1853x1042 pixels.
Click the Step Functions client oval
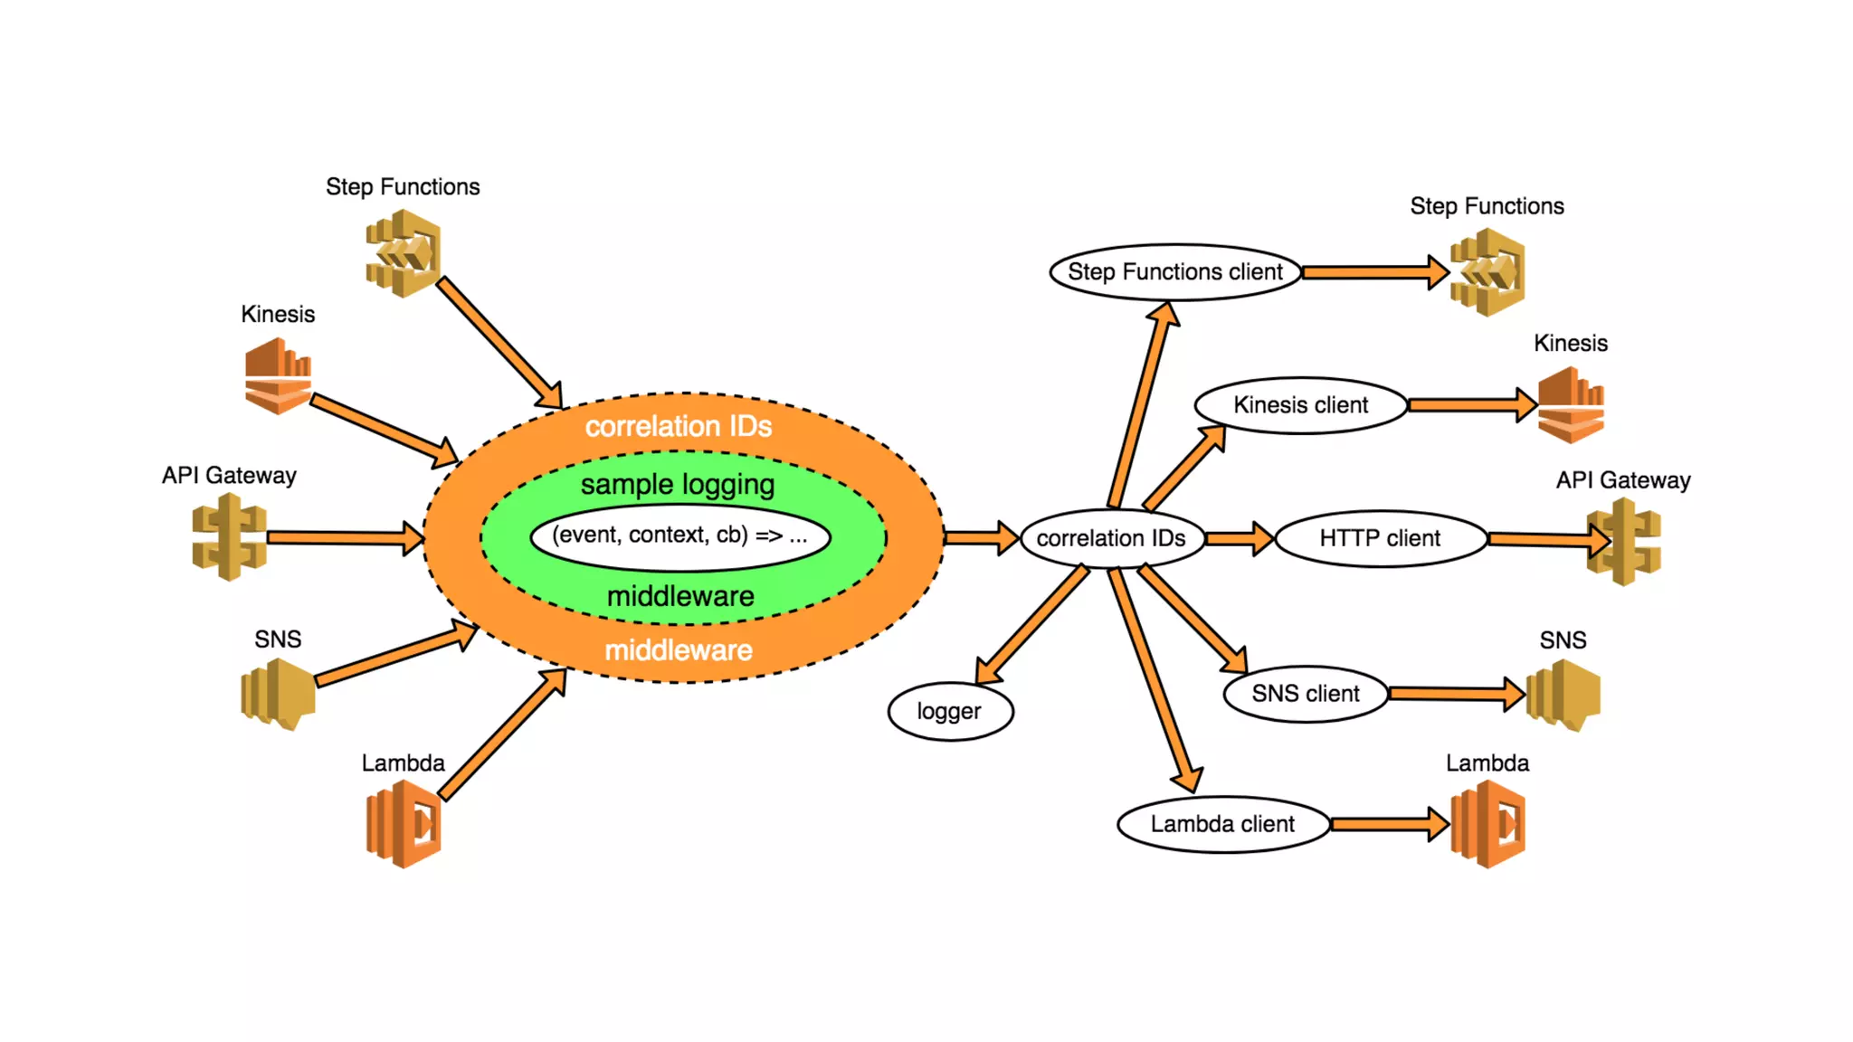click(x=1175, y=271)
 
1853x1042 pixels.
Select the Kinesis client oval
click(x=1300, y=405)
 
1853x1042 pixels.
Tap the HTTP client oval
click(x=1380, y=538)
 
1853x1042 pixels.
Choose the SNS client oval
click(x=1305, y=694)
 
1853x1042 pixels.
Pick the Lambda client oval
click(x=1222, y=824)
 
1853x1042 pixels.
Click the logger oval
click(x=949, y=711)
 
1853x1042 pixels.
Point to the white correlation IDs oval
click(x=1111, y=538)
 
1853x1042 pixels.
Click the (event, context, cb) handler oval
click(x=679, y=535)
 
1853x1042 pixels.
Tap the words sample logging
click(x=678, y=485)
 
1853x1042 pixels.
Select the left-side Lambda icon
click(x=404, y=824)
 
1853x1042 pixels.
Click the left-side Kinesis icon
click(x=278, y=375)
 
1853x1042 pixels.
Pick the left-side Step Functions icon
click(x=404, y=253)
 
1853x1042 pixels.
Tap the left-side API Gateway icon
click(x=229, y=537)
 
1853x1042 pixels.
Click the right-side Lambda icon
click(x=1487, y=824)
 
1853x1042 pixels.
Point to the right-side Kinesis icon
click(x=1571, y=404)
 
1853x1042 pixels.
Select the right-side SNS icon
click(x=1563, y=694)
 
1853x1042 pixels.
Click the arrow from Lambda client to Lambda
click(x=1389, y=824)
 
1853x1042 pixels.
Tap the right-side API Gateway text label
click(x=1622, y=480)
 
